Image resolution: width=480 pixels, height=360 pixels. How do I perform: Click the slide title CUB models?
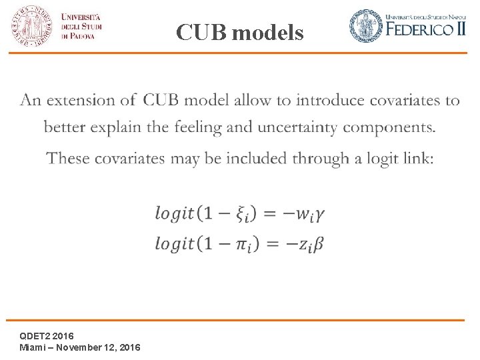click(x=240, y=32)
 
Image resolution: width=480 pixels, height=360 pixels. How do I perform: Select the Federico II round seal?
click(x=367, y=25)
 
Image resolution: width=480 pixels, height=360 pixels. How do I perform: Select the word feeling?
click(x=183, y=127)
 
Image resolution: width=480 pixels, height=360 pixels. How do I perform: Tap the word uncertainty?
click(x=297, y=127)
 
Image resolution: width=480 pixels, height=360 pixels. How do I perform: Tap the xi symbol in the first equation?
click(x=243, y=215)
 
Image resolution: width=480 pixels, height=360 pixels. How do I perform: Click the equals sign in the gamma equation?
click(x=270, y=214)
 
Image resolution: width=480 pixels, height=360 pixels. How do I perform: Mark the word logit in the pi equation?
click(x=175, y=244)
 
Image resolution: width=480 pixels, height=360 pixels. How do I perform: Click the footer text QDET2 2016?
click(x=47, y=335)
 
